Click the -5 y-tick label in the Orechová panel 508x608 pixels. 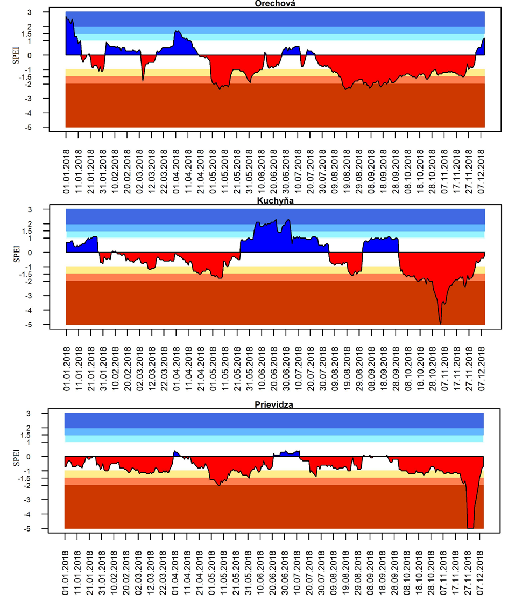tap(39, 128)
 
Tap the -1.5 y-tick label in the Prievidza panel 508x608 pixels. tap(37, 478)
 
